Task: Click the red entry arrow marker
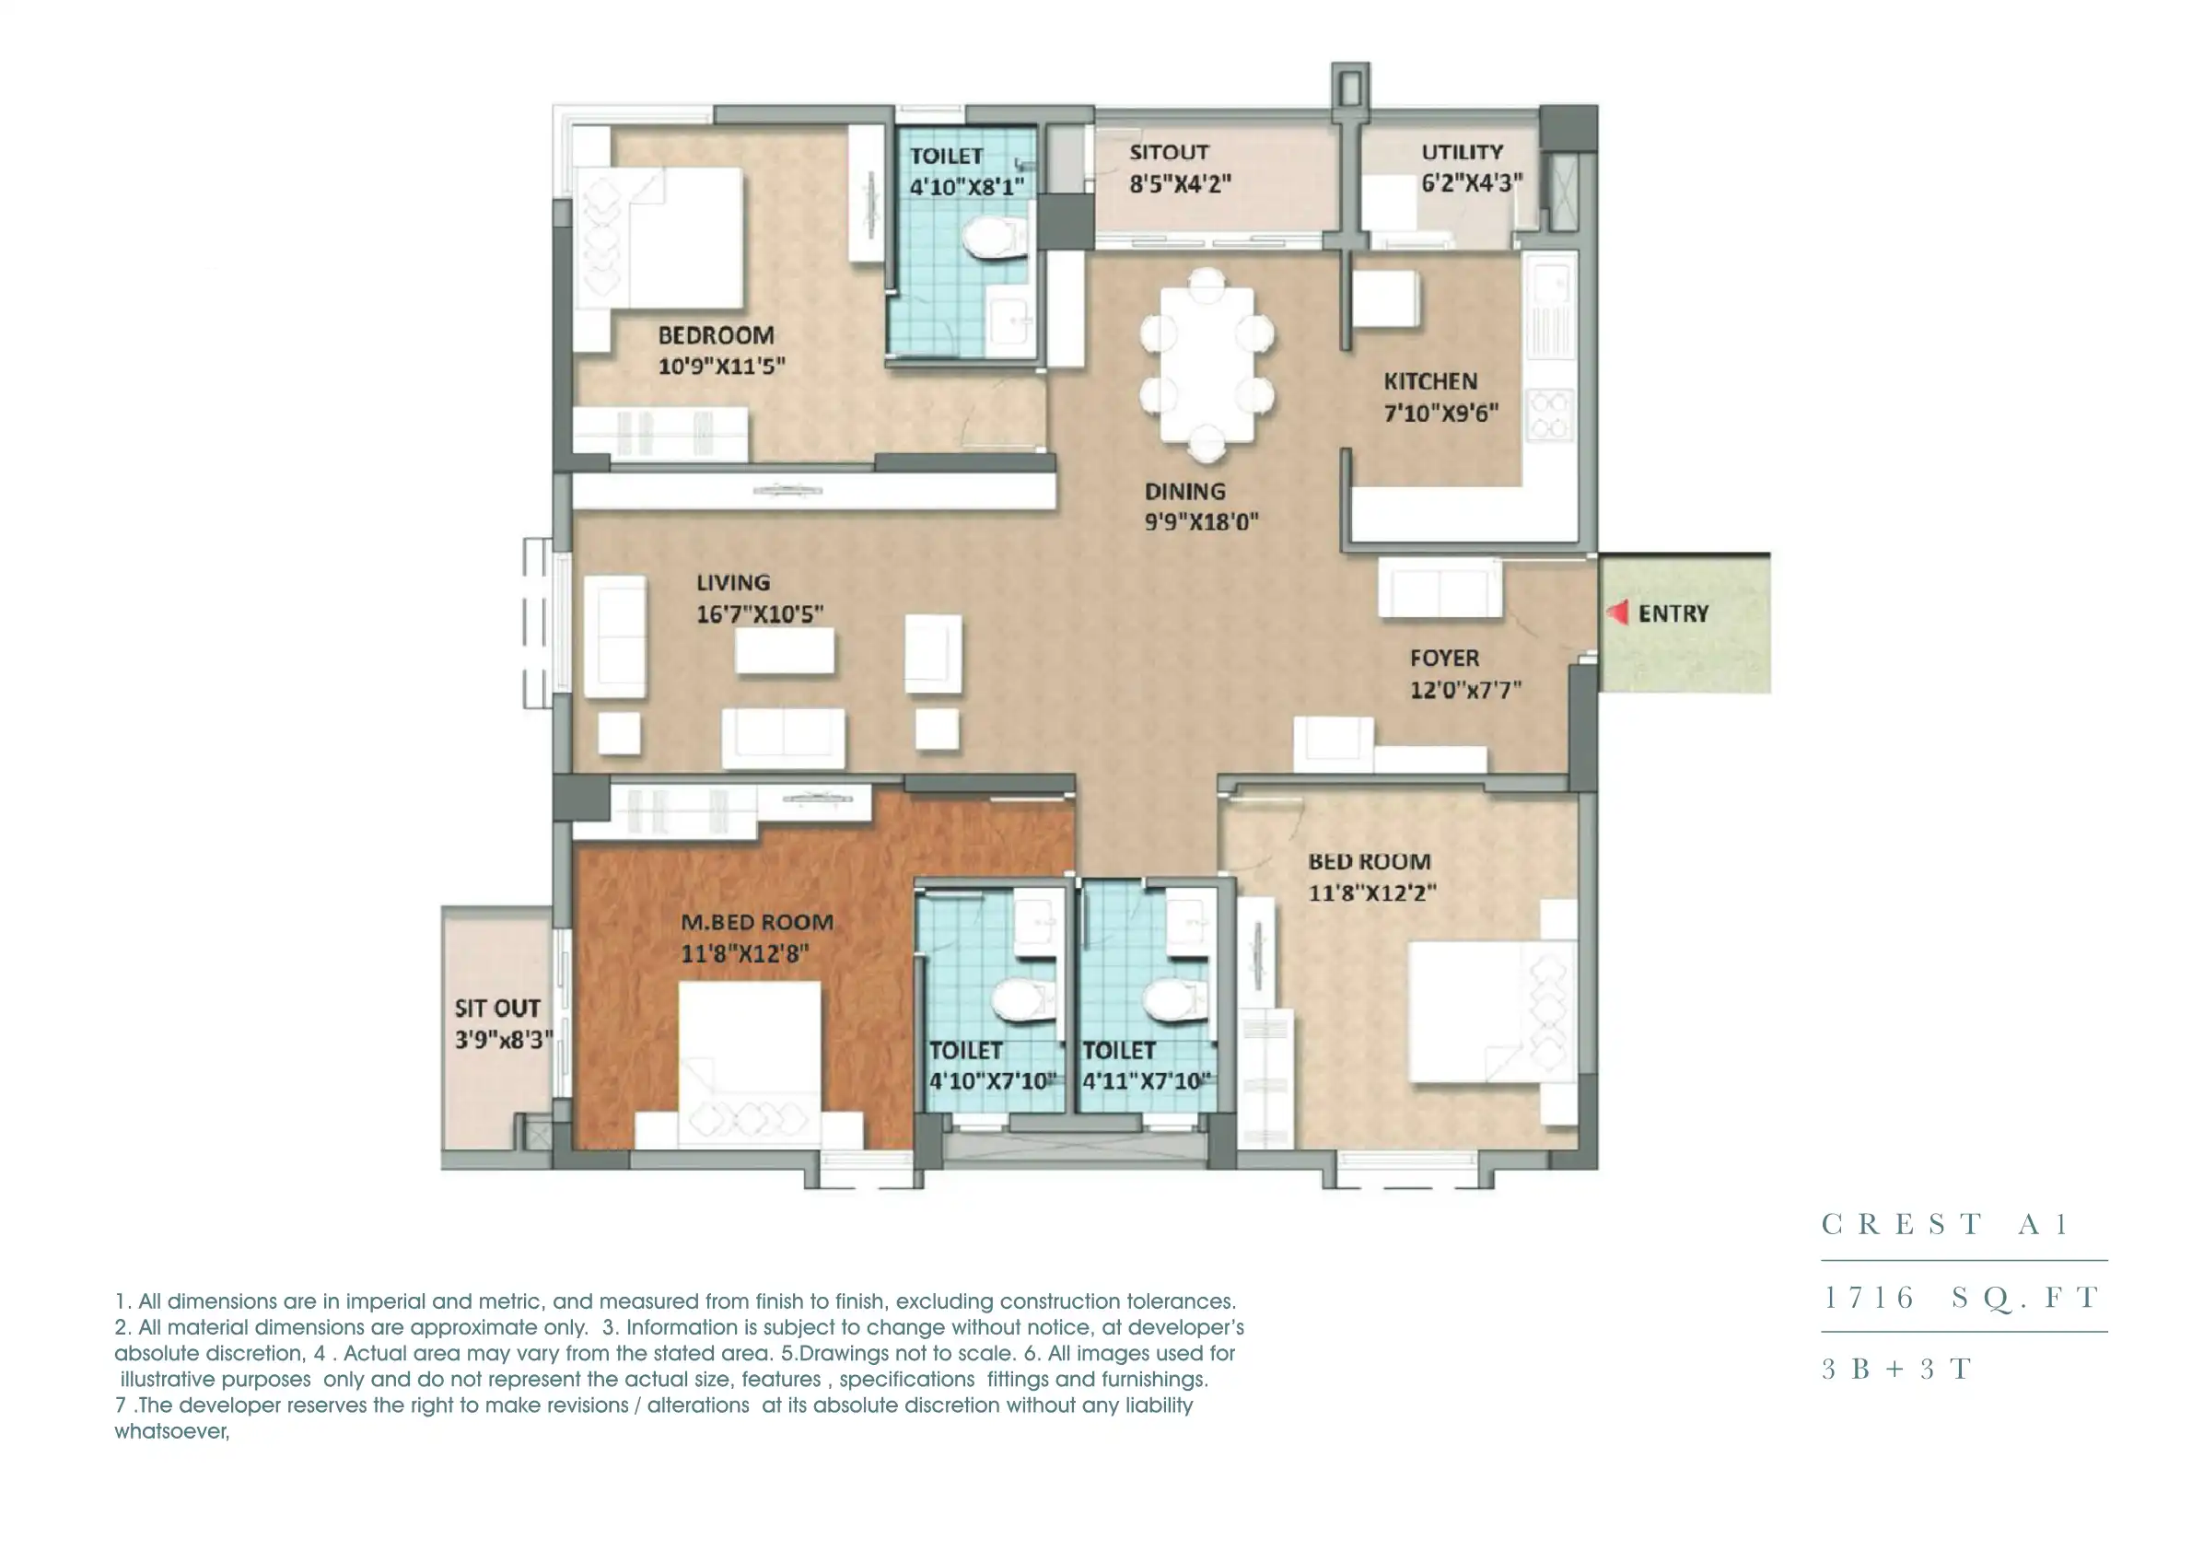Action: [x=1617, y=613]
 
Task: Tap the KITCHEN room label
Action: [x=1429, y=382]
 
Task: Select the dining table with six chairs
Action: [x=1207, y=365]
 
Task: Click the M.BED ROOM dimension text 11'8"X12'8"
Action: [x=744, y=954]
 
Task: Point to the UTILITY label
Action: [x=1462, y=153]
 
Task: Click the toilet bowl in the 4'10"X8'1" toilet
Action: [x=994, y=238]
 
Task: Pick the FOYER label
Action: [x=1444, y=658]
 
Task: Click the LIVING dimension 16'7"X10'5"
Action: [x=759, y=614]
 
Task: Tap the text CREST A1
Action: [x=1943, y=1224]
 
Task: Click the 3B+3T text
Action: [x=1896, y=1370]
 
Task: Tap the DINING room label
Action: [x=1184, y=492]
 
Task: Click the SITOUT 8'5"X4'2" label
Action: [x=1179, y=169]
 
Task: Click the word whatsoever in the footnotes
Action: [x=171, y=1431]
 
